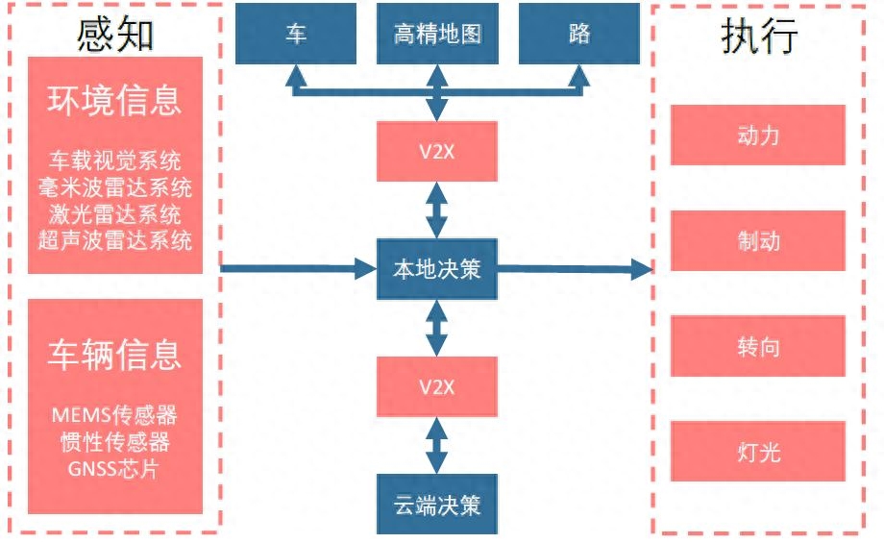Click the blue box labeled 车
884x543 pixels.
pyautogui.click(x=296, y=34)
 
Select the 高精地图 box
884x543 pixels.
pyautogui.click(x=437, y=34)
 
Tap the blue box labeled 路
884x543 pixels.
pyautogui.click(x=578, y=34)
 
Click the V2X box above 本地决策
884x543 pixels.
pyautogui.click(x=437, y=151)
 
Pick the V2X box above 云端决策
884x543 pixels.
pyautogui.click(x=437, y=386)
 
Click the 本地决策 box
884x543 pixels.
pyautogui.click(x=437, y=269)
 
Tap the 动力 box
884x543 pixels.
pyautogui.click(x=757, y=135)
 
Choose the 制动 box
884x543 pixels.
pyautogui.click(x=757, y=240)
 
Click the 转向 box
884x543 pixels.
pyautogui.click(x=757, y=346)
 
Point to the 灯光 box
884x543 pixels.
pyautogui.click(x=757, y=451)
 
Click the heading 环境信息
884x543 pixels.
pyautogui.click(x=115, y=100)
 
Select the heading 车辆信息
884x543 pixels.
pyautogui.click(x=115, y=355)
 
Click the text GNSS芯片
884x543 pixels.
pyautogui.click(x=115, y=469)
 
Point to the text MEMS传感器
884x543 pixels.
pyautogui.click(x=115, y=415)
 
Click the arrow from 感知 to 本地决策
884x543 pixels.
pyautogui.click(x=298, y=269)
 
